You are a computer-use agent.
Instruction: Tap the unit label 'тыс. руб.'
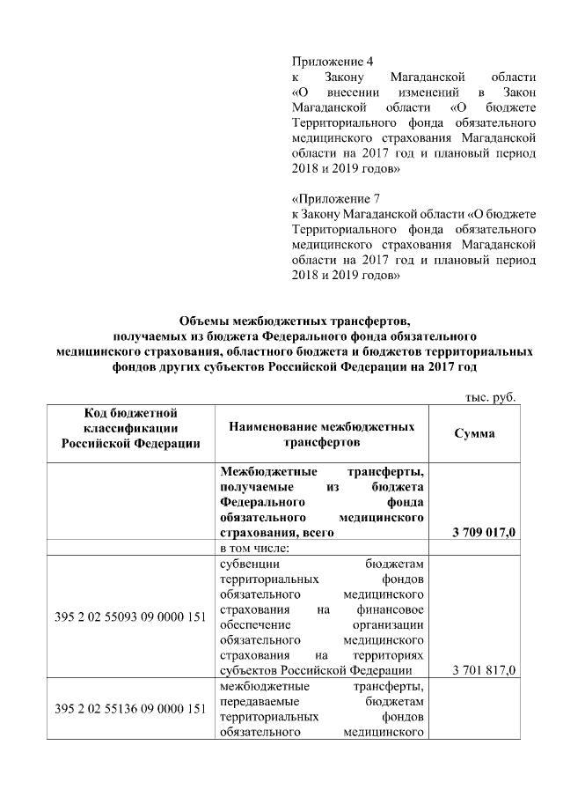click(490, 396)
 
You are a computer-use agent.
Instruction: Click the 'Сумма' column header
click(474, 432)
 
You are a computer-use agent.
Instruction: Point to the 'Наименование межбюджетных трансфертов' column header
click(321, 432)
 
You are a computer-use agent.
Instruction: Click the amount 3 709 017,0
click(483, 533)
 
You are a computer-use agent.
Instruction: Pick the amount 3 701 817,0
click(483, 670)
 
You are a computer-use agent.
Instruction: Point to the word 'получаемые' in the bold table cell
click(257, 487)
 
